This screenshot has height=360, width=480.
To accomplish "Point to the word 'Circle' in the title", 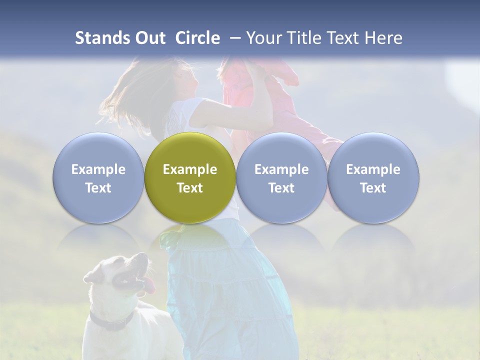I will click(197, 38).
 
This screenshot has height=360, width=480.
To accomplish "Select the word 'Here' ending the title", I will click(383, 38).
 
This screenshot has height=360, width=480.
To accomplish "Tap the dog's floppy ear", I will click(93, 274).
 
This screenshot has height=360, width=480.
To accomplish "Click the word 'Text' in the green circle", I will click(190, 188).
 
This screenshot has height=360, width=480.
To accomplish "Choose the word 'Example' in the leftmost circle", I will click(98, 169).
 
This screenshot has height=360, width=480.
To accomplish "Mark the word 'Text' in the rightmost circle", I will click(373, 188).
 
